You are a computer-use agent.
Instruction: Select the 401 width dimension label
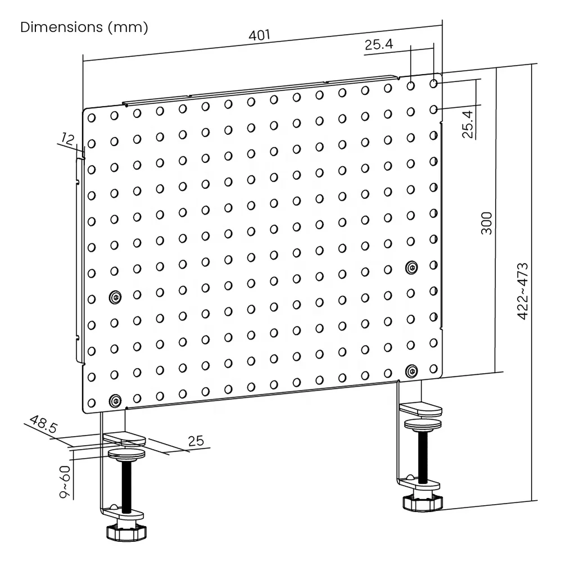(260, 35)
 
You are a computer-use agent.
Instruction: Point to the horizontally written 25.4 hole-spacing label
(378, 45)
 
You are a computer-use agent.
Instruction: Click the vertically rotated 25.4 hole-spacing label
(468, 124)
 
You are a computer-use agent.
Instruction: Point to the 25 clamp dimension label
(196, 441)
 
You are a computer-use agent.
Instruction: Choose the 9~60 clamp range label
(65, 482)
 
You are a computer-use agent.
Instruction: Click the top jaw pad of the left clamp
(125, 438)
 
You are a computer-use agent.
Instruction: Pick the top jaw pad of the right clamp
(423, 408)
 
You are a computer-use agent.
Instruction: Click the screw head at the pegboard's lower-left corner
(116, 400)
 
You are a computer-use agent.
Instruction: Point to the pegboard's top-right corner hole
(433, 84)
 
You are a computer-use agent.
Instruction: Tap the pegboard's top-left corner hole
(92, 117)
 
